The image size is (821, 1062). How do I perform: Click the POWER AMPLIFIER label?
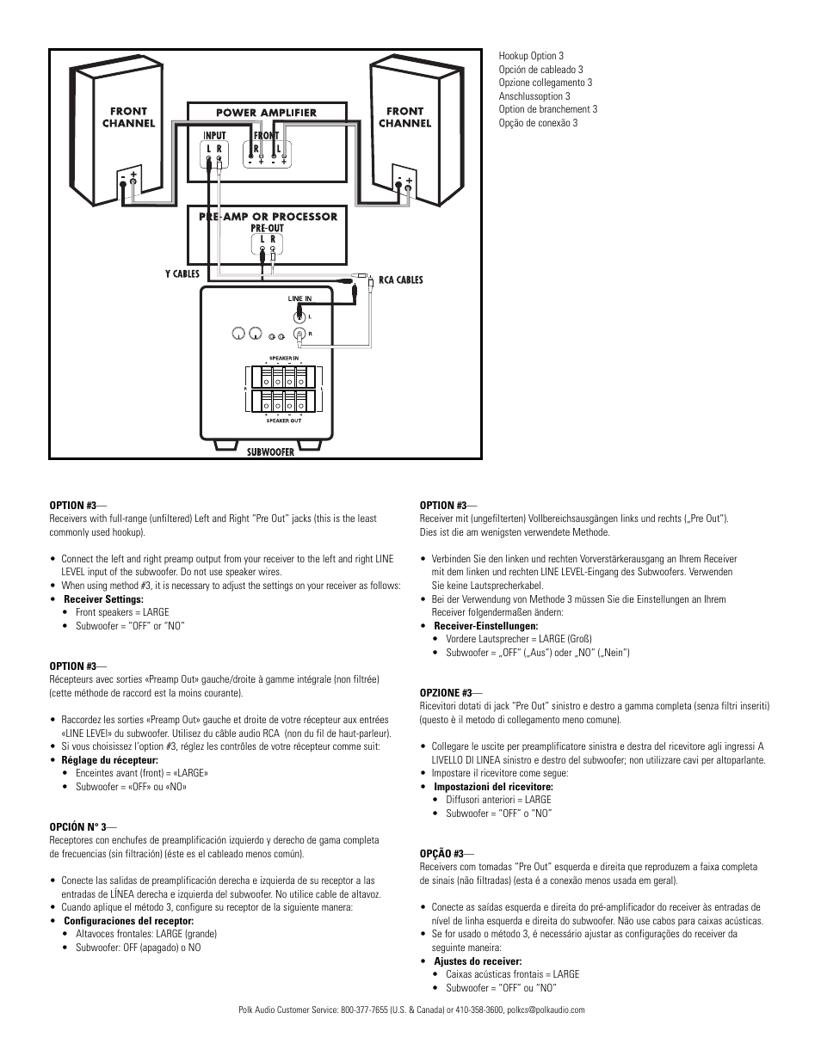tap(266, 113)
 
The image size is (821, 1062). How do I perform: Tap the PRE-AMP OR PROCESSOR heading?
tap(268, 217)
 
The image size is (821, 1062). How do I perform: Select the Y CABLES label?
tap(182, 274)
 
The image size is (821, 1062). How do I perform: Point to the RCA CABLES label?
tap(401, 280)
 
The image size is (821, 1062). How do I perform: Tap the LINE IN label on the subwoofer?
tap(299, 299)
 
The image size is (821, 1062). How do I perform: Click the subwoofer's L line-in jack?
tap(299, 316)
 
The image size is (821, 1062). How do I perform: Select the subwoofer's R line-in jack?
tap(299, 333)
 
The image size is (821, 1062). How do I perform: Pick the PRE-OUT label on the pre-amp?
tap(267, 229)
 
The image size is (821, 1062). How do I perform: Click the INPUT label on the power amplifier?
tap(214, 136)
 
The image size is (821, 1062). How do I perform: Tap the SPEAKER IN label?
tap(283, 358)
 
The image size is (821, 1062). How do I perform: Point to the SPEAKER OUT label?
tap(283, 421)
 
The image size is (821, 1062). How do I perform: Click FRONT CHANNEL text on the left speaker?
tap(128, 117)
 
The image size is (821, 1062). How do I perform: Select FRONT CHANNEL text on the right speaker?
tap(404, 117)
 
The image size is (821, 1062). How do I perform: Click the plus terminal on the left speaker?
tap(134, 175)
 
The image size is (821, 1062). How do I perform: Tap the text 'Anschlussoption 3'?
tap(534, 96)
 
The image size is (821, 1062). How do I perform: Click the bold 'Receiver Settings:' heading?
tap(103, 599)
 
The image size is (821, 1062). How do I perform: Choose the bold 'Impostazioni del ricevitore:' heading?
tap(493, 787)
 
